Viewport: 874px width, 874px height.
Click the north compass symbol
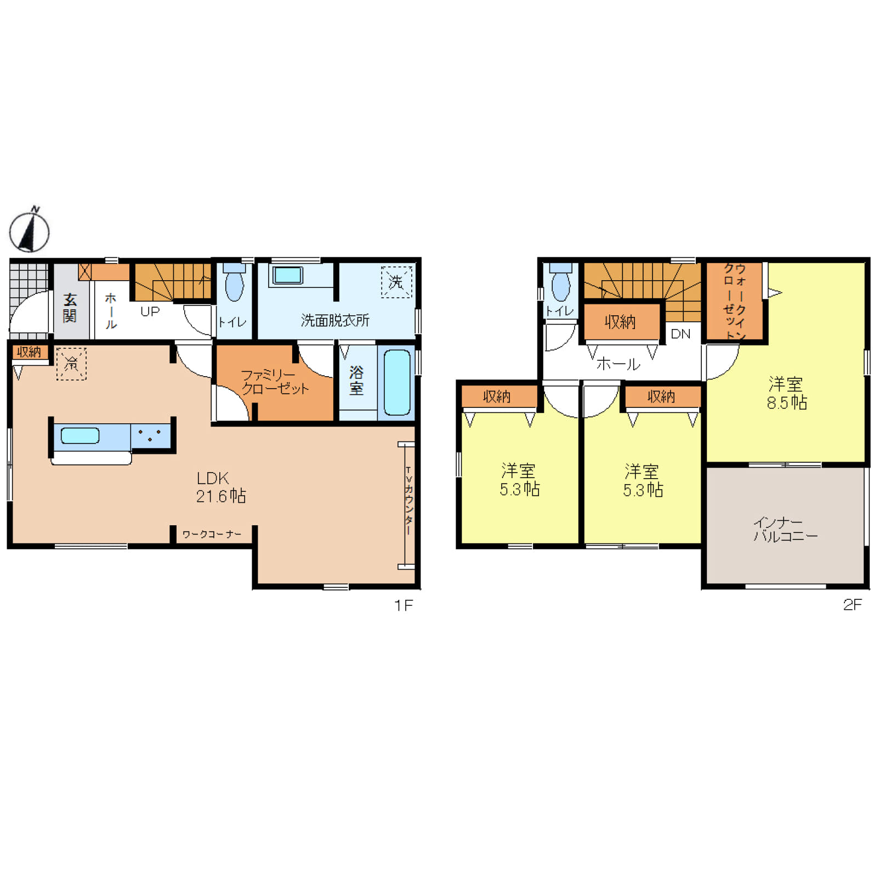pos(30,230)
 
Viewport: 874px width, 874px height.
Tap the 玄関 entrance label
pos(70,308)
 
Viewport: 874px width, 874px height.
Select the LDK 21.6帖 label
pos(221,487)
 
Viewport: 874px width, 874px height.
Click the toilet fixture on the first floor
pos(234,281)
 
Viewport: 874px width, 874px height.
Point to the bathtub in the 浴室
pos(397,382)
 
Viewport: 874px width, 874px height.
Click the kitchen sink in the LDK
pos(80,435)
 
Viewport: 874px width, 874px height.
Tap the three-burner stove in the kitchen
pos(150,435)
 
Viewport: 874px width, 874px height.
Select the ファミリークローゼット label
pos(275,382)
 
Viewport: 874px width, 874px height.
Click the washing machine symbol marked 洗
pos(396,282)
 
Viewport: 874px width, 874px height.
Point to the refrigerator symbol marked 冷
pos(71,364)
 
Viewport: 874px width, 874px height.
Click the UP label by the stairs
pos(150,311)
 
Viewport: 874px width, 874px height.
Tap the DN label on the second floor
pos(680,334)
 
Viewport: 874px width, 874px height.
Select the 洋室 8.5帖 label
pos(786,393)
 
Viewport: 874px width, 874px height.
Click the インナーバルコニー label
pos(785,529)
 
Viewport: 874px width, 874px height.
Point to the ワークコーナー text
pos(212,534)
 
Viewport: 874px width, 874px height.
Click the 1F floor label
pos(404,605)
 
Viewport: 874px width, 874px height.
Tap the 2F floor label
pos(853,604)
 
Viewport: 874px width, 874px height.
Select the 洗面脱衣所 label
pos(335,320)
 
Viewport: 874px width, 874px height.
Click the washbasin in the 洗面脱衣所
pos(287,275)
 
